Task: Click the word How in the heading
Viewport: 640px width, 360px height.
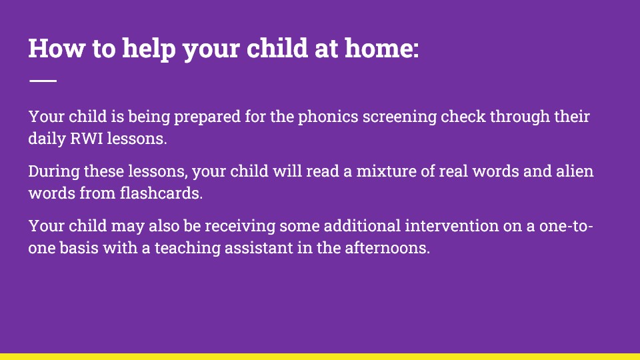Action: coord(56,48)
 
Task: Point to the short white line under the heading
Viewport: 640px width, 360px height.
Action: coord(43,81)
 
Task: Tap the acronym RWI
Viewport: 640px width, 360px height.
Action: coord(87,139)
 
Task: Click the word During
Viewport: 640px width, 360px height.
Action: coord(54,172)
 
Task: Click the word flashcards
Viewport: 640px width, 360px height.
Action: coord(161,193)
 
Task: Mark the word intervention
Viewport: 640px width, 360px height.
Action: coord(451,226)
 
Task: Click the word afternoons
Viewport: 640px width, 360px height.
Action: coord(387,248)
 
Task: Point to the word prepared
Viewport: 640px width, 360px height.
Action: coord(207,117)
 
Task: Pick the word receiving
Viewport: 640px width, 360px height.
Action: coord(240,227)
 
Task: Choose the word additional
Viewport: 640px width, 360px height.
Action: coord(362,226)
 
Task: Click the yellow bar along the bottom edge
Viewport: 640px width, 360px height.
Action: coord(320,357)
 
